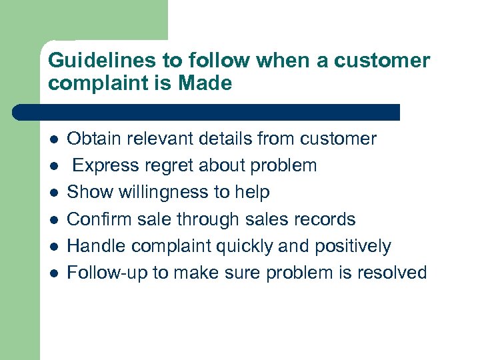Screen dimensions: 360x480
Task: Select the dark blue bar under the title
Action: click(207, 112)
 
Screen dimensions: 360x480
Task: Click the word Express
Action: click(105, 165)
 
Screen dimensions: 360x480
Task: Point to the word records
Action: click(327, 219)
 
